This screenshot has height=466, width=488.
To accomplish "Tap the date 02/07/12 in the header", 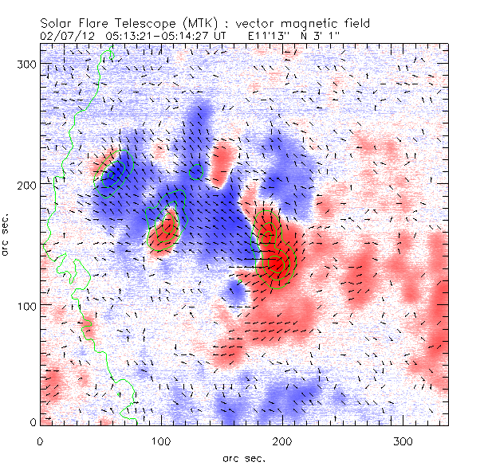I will click(x=68, y=36).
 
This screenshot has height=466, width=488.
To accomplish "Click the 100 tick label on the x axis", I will click(x=160, y=441).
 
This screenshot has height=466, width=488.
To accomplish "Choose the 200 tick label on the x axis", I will click(x=281, y=441).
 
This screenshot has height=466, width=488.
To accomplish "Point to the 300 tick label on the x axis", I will click(x=402, y=441).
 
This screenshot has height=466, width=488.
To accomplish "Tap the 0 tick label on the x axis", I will click(x=40, y=441).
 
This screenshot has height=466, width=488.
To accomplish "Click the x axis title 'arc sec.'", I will click(x=244, y=457).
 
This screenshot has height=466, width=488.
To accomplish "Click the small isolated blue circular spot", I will click(x=235, y=289).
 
